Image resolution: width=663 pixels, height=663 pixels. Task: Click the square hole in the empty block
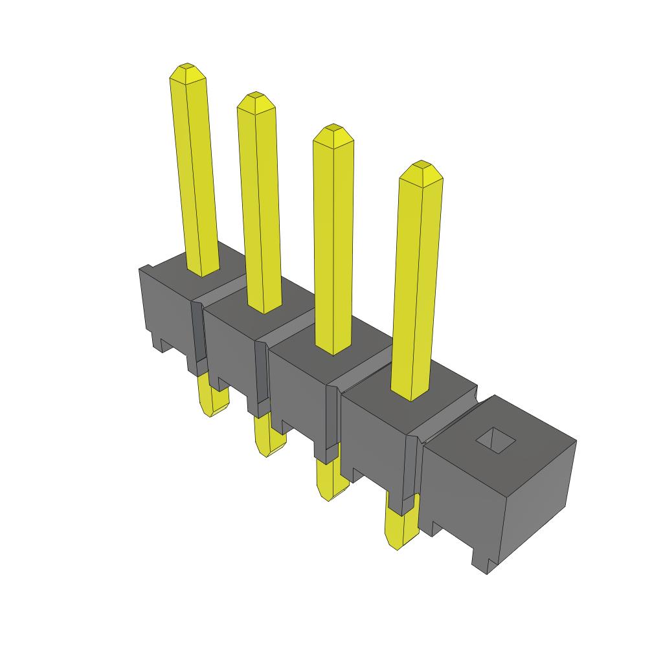point(495,440)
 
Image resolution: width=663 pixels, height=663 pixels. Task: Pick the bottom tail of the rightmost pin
point(399,528)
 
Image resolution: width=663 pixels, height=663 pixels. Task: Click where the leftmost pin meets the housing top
point(203,271)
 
